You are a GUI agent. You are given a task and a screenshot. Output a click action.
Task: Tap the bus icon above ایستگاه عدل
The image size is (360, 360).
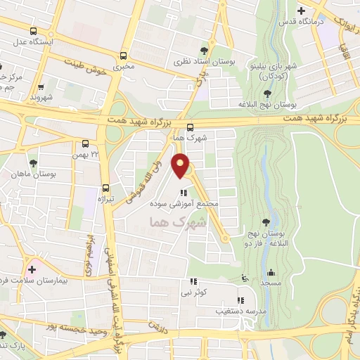click(x=34, y=31)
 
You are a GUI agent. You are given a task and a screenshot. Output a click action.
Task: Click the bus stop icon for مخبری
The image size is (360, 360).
click(x=124, y=55)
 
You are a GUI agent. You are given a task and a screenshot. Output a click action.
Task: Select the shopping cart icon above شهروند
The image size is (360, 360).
click(x=41, y=87)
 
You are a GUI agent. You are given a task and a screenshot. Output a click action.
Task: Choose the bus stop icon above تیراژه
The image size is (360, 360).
click(x=105, y=188)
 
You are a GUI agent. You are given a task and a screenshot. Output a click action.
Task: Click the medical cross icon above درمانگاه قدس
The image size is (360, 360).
click(x=302, y=11)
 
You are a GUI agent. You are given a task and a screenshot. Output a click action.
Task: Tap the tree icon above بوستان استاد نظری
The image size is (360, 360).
click(x=204, y=50)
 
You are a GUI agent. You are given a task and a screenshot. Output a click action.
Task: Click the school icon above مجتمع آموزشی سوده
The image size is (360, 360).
click(x=183, y=193)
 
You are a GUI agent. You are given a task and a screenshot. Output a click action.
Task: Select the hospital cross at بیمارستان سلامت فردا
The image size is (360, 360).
click(x=32, y=269)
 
